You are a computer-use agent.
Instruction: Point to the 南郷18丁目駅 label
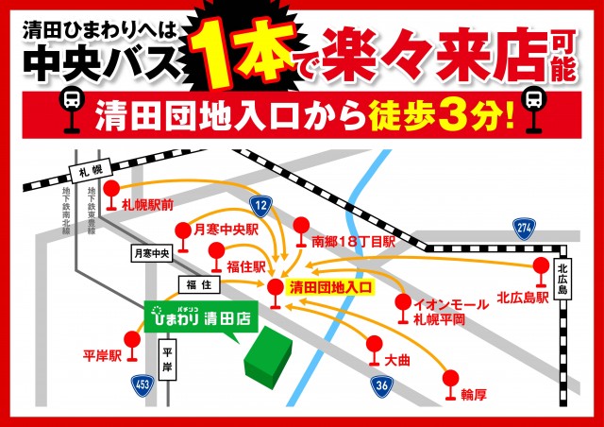coord(353,242)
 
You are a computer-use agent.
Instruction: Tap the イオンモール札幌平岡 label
coord(452,311)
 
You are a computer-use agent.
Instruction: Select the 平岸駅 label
coord(103,357)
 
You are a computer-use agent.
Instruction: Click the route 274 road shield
coord(526,226)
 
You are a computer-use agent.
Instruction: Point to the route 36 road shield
coord(381,385)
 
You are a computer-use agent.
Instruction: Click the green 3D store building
coord(272,356)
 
